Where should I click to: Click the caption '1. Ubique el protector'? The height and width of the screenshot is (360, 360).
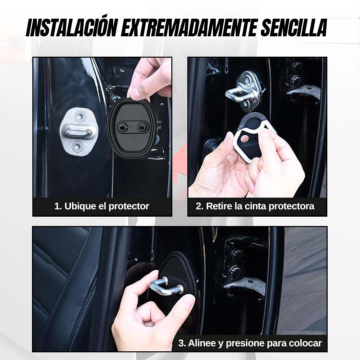tap(102, 206)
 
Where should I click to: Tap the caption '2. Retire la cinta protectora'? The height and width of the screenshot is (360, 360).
tap(255, 206)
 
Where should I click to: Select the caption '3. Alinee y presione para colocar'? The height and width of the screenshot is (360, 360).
tap(250, 343)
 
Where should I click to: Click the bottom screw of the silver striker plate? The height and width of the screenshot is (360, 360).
tap(77, 146)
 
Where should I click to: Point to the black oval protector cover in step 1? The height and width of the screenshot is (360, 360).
tap(132, 127)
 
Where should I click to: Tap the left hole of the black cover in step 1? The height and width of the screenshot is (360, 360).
tap(121, 126)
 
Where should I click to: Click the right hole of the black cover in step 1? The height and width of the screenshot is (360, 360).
tap(142, 126)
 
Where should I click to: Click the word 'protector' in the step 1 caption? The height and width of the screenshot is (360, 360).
tap(129, 207)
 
